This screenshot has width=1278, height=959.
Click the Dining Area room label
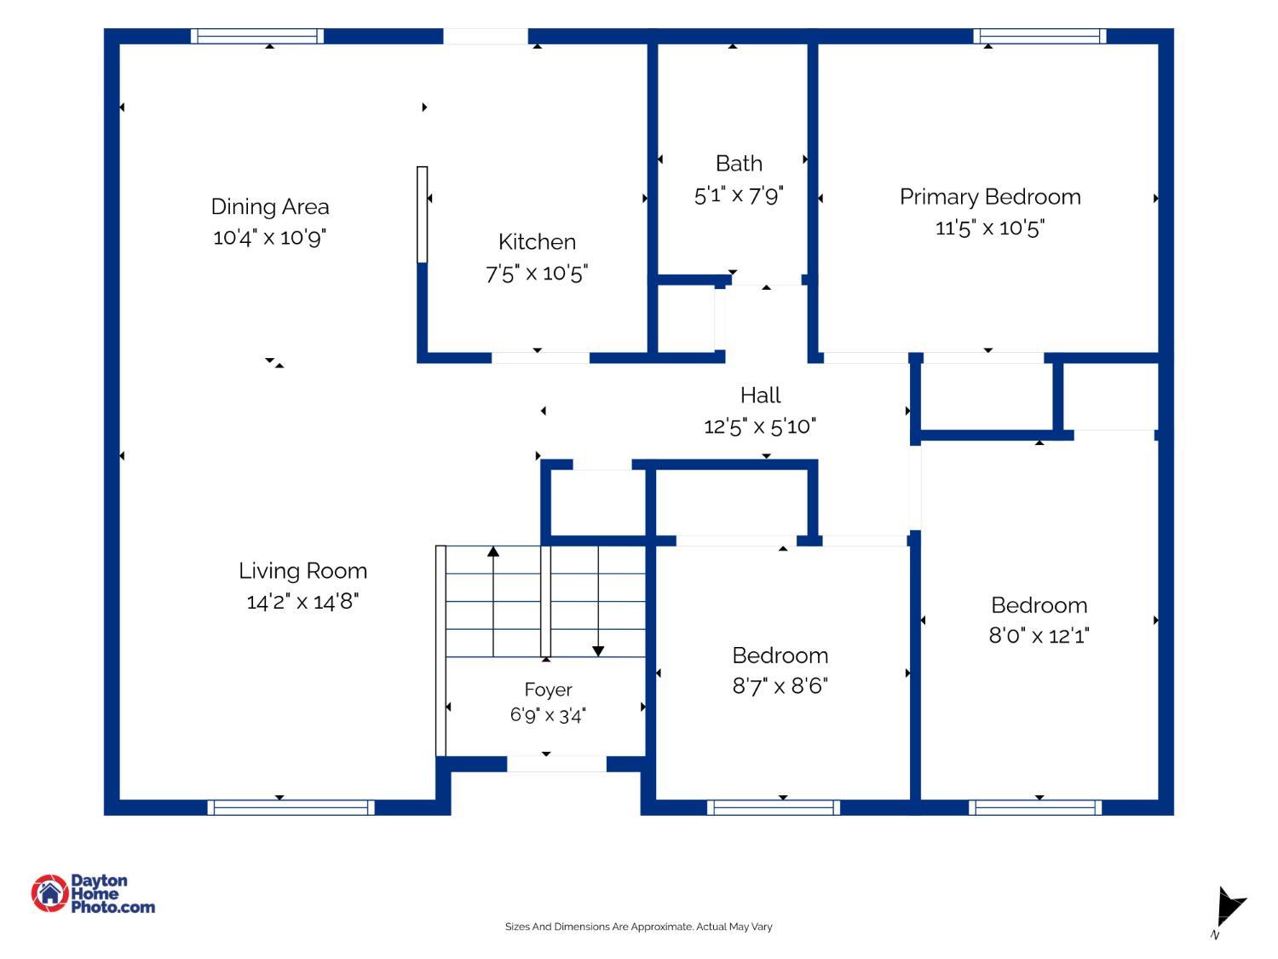tap(269, 206)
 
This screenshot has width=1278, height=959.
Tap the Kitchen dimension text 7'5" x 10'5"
tap(536, 273)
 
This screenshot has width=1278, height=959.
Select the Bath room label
tap(739, 164)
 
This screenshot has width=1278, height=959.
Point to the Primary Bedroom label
tap(990, 198)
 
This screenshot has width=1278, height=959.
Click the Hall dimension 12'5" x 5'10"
tap(760, 426)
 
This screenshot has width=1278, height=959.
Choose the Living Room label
tap(302, 571)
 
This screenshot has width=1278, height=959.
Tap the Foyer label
tap(548, 690)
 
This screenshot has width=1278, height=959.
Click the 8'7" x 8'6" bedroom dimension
tap(780, 686)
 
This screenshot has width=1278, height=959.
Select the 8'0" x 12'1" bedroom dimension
tap(1039, 635)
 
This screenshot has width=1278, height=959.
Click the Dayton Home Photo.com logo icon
tap(49, 893)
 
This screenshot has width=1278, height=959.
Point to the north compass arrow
tap(1230, 906)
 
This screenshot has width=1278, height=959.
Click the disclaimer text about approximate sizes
tap(638, 927)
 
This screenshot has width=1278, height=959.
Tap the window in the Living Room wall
tap(291, 807)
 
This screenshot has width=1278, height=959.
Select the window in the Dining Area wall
tap(257, 36)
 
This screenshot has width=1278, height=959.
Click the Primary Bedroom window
tap(1039, 36)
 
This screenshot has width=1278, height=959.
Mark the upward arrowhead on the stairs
tap(493, 551)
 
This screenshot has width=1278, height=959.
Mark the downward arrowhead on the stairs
tap(598, 651)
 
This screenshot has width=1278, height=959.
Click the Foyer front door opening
tap(556, 764)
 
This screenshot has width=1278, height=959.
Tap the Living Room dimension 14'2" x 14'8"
tap(302, 602)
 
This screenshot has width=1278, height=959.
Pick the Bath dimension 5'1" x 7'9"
tap(739, 195)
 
